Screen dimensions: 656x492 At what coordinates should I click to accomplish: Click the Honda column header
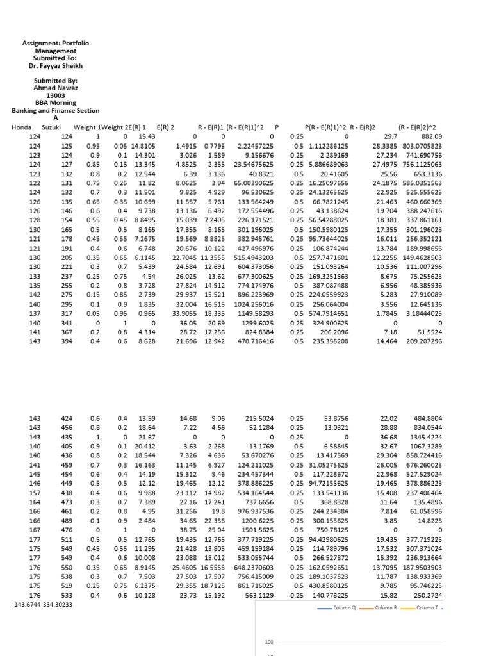point(21,127)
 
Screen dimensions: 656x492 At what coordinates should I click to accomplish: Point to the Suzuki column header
point(51,127)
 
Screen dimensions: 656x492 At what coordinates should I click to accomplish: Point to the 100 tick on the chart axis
point(269,641)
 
